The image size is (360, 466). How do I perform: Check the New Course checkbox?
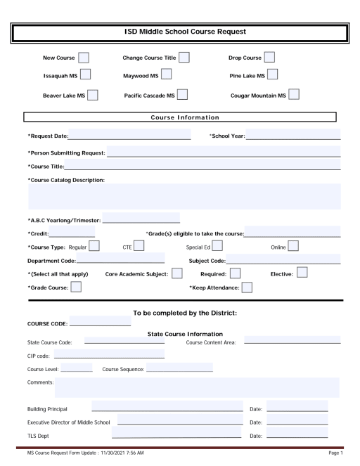[x=84, y=56]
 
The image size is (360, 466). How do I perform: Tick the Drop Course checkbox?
[x=269, y=56]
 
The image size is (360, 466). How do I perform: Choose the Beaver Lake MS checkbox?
[x=92, y=93]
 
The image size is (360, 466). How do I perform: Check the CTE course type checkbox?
[x=139, y=245]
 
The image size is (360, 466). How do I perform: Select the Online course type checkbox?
[x=292, y=245]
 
